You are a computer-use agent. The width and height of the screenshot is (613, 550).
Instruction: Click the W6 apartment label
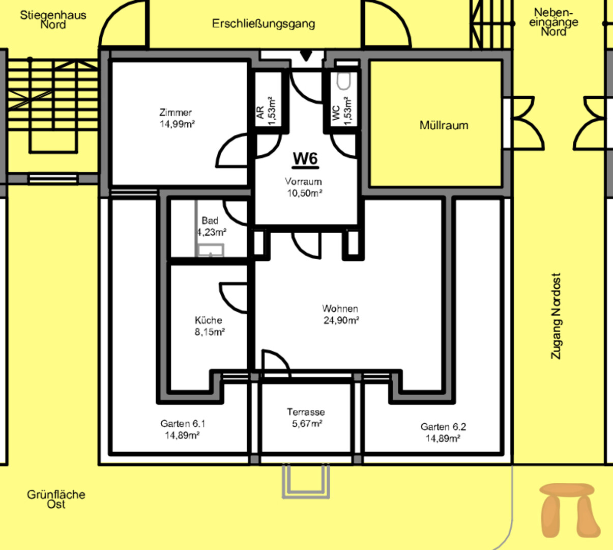tap(306, 159)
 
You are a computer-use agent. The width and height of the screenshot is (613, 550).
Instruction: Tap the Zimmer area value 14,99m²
tap(178, 124)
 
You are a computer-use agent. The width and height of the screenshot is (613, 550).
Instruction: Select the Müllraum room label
tap(444, 125)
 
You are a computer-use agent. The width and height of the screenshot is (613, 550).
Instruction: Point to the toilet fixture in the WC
tap(343, 81)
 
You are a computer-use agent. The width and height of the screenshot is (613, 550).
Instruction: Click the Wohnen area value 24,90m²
tap(341, 320)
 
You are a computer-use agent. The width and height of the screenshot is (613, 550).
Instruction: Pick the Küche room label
tap(209, 320)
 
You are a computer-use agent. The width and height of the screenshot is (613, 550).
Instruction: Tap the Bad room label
tap(210, 221)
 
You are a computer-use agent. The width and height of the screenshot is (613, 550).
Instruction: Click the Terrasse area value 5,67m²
tap(307, 423)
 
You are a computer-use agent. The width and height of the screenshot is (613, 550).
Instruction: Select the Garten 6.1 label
tap(183, 424)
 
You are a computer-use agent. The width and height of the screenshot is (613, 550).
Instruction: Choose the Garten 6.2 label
tap(443, 427)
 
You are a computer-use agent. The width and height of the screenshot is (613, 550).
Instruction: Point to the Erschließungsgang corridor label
tap(263, 23)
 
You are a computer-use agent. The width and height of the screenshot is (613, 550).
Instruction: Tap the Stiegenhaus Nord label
tap(53, 20)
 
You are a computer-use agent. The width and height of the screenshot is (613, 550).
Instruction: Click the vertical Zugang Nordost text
tap(556, 316)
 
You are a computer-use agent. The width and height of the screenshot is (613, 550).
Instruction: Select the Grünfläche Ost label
tap(56, 499)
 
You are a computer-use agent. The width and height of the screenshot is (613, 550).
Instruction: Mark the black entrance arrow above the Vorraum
tap(306, 56)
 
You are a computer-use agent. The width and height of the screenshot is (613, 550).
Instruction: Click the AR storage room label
tap(260, 113)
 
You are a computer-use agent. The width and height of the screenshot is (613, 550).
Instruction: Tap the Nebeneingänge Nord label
tap(553, 22)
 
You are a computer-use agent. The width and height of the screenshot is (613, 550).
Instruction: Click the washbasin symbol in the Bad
tap(211, 250)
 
